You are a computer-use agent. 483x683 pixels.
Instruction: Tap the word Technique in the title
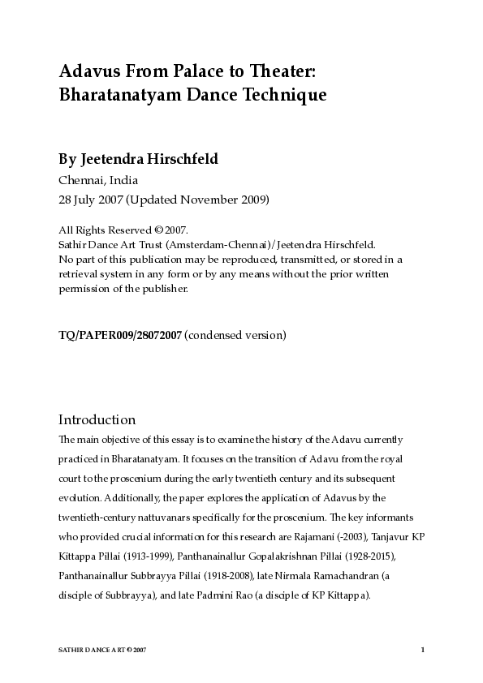click(x=280, y=95)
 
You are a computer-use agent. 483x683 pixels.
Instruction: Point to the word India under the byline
click(x=122, y=180)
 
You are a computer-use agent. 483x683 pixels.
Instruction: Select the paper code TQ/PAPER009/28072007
click(x=120, y=334)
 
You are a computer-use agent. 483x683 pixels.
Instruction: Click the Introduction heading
click(x=97, y=420)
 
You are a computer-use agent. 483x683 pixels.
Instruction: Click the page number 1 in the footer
click(x=423, y=651)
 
